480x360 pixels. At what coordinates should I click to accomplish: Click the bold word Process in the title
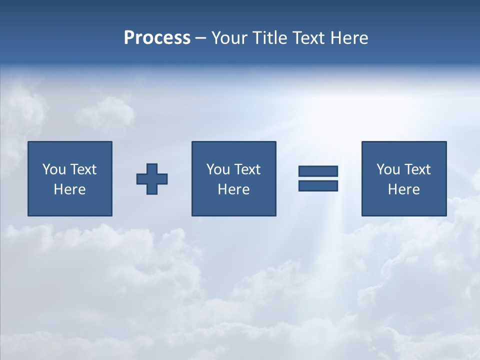click(x=157, y=38)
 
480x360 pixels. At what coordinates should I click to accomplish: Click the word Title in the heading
click(x=269, y=38)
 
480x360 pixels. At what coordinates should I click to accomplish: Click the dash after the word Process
click(x=200, y=38)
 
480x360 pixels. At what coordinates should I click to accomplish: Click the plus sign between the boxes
click(x=152, y=178)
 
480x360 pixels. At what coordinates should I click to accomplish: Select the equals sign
click(x=318, y=178)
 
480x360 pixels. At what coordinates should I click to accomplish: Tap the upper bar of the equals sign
click(x=318, y=171)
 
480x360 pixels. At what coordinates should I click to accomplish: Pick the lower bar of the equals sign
click(x=318, y=185)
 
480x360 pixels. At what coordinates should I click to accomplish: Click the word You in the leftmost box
click(x=54, y=169)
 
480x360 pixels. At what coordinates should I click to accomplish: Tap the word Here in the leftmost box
click(x=70, y=189)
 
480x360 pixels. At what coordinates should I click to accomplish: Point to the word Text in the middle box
click(x=247, y=169)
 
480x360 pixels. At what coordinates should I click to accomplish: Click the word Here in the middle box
click(x=233, y=189)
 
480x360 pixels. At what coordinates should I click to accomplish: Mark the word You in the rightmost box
click(x=388, y=169)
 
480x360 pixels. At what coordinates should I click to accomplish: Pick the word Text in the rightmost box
click(x=417, y=169)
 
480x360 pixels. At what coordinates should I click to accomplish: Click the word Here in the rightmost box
click(x=404, y=189)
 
